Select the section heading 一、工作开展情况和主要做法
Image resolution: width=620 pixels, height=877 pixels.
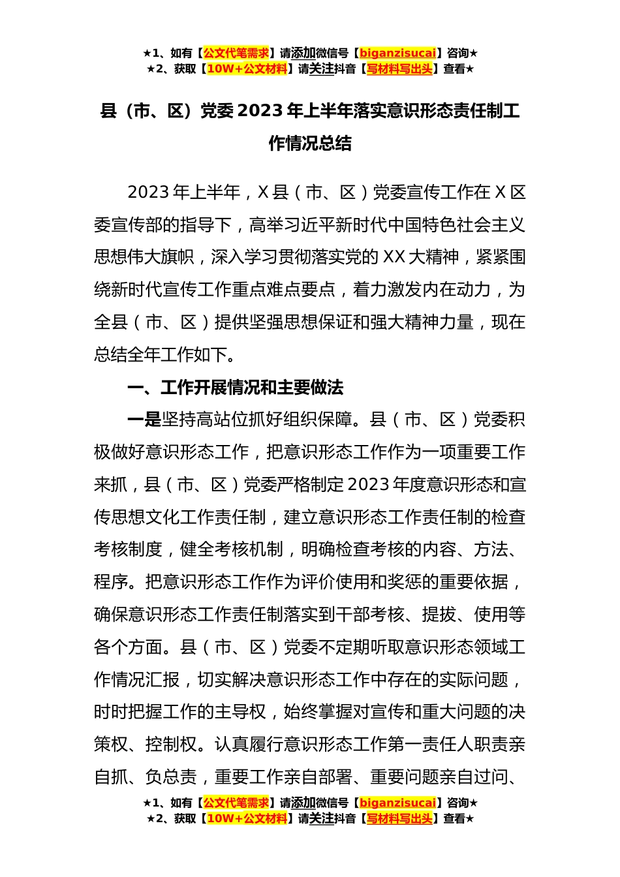[x=235, y=388]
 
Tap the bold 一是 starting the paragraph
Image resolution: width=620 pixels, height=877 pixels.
[x=144, y=420]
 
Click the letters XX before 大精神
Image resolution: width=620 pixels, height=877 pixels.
[x=394, y=257]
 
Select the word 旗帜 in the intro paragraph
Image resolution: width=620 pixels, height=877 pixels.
[x=178, y=257]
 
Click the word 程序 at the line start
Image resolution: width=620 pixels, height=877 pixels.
[x=111, y=582]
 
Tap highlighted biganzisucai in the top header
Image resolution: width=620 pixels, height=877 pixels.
[x=397, y=54]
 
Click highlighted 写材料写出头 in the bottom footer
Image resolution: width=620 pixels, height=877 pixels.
[x=399, y=818]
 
